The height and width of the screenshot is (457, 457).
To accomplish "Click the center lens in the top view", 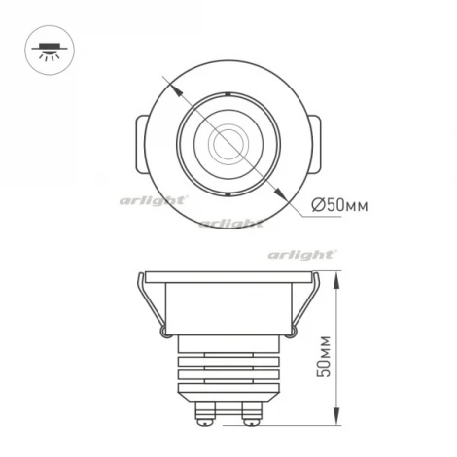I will pyautogui.click(x=225, y=143).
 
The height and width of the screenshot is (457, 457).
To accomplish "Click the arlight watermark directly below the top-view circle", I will pyautogui.click(x=229, y=223).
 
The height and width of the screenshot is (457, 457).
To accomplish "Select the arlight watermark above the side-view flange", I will pyautogui.click(x=303, y=254).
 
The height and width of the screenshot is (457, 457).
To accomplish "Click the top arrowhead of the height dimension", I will pyautogui.click(x=335, y=276).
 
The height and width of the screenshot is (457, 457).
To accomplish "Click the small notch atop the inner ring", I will pyautogui.click(x=225, y=94).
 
